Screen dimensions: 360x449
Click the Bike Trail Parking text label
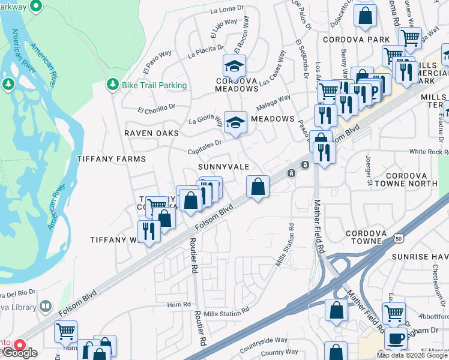[x=154, y=86]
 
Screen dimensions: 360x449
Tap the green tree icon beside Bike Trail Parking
[x=112, y=86]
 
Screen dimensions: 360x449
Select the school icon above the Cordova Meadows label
[x=235, y=65]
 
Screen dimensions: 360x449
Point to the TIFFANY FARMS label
[x=112, y=159]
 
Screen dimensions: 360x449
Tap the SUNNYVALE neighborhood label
[x=223, y=166]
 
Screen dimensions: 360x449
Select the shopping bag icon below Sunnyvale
[x=258, y=187]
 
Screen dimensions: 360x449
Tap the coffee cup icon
[x=396, y=338]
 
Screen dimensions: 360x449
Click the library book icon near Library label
[x=45, y=307]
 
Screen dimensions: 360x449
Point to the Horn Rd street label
[x=179, y=304]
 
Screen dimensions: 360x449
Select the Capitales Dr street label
[x=205, y=143]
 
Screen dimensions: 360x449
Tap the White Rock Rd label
[x=429, y=152]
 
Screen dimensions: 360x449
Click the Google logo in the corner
[x=20, y=353]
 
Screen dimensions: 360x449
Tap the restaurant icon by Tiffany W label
[x=148, y=231]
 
